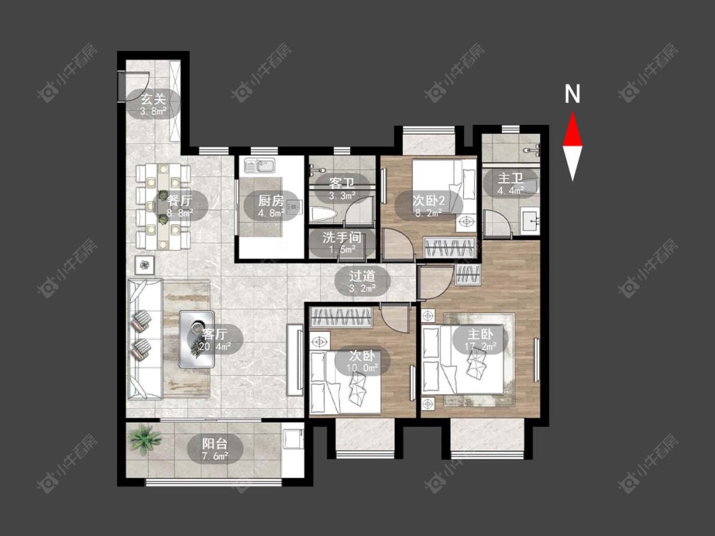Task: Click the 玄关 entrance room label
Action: [153, 98]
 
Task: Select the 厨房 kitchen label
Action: [271, 200]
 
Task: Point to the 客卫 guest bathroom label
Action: [342, 184]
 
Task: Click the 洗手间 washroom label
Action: [342, 238]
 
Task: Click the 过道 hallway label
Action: [362, 276]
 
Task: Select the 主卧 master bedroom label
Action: [480, 334]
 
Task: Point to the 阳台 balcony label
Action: [215, 443]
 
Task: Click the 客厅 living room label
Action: [215, 334]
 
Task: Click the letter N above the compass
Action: [572, 94]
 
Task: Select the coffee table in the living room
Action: [197, 338]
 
